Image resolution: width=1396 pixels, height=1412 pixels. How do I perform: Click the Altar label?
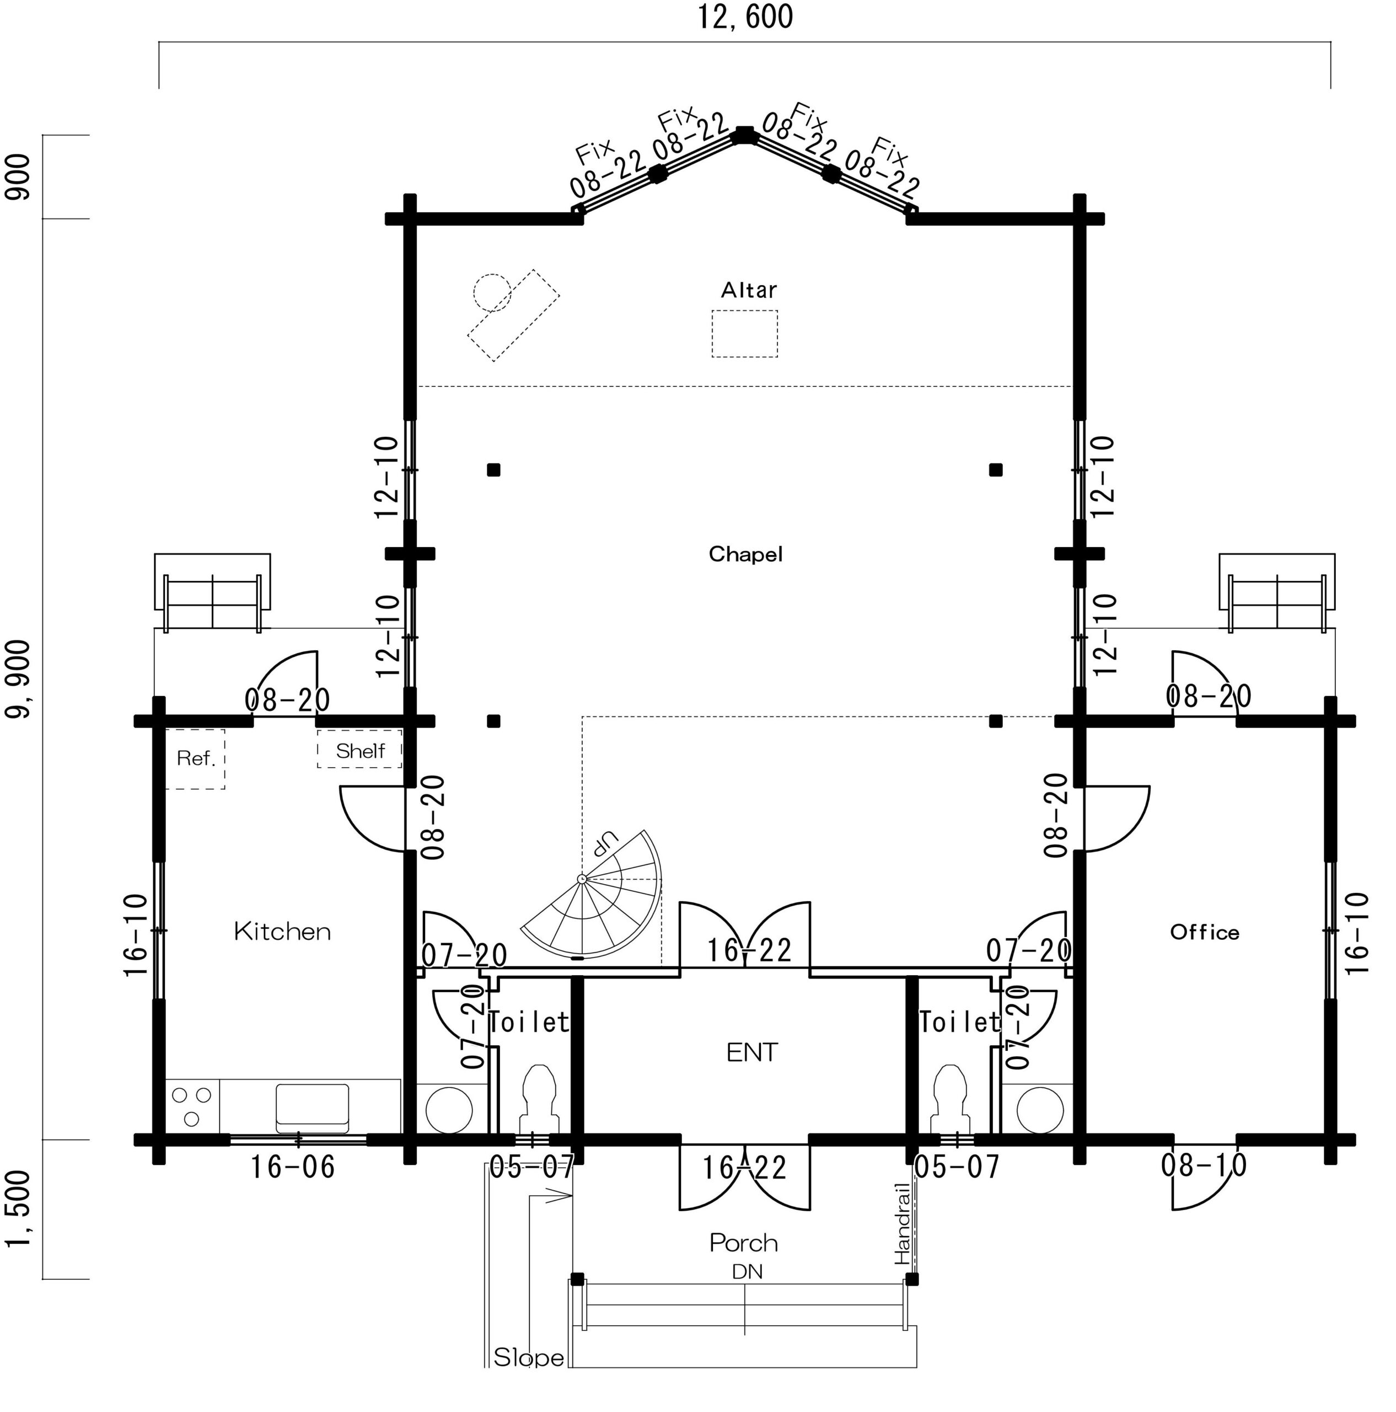point(748,290)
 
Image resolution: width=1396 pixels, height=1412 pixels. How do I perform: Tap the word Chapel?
point(745,555)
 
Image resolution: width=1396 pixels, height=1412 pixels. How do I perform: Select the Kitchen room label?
point(282,932)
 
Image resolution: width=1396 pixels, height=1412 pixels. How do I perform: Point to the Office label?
point(1204,933)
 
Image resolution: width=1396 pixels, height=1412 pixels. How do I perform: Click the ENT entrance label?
point(751,1052)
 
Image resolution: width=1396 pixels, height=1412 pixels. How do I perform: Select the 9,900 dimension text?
point(18,680)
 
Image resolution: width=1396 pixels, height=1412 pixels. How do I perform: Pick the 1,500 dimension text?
point(18,1210)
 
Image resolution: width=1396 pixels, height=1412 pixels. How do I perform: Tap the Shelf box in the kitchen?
point(359,749)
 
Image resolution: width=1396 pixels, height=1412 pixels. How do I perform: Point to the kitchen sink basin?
point(312,1108)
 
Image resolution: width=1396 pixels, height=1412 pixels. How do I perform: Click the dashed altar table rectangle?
point(744,334)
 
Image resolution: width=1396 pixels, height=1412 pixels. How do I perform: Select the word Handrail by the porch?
point(903,1223)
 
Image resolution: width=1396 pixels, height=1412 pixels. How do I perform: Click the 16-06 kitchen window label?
point(292,1167)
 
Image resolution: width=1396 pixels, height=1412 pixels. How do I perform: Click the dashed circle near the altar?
point(492,292)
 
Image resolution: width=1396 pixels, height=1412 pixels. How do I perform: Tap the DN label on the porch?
point(747,1272)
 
